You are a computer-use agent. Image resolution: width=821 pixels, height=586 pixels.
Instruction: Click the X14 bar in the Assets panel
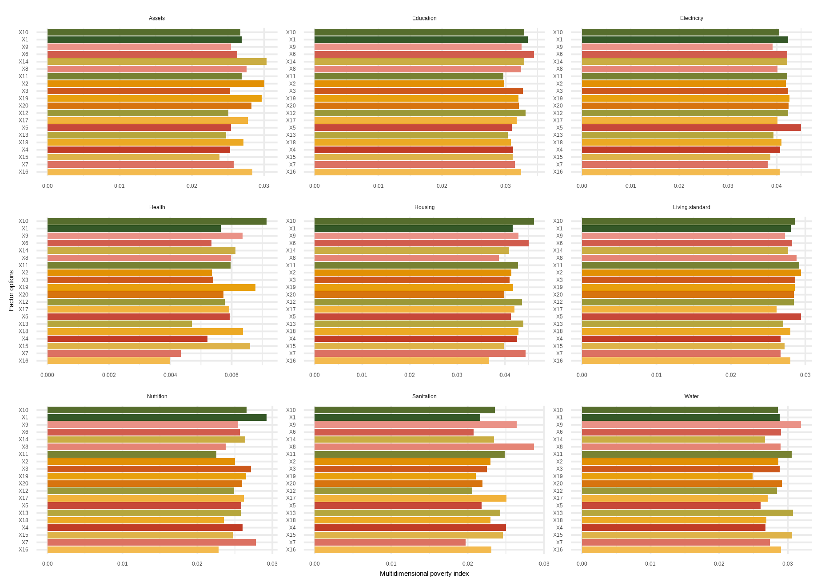(157, 62)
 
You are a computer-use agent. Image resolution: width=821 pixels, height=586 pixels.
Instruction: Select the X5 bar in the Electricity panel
(691, 128)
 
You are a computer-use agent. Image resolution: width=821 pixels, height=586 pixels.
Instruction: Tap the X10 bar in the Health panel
(157, 221)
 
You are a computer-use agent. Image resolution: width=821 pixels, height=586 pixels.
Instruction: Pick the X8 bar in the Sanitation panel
(424, 447)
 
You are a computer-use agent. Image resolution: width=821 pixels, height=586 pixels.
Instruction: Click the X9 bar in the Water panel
(691, 425)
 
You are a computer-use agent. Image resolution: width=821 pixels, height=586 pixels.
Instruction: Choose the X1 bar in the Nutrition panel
(157, 418)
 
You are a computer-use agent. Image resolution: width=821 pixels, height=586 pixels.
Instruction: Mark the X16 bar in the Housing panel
(402, 361)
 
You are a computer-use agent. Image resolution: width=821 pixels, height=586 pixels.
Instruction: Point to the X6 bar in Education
(424, 54)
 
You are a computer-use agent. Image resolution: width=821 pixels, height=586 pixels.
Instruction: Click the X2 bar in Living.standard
(691, 273)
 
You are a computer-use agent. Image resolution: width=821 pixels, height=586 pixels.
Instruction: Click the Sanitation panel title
(424, 396)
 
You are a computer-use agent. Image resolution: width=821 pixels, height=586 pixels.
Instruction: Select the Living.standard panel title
(691, 207)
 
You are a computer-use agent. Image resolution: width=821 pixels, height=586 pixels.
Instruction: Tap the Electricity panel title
(691, 18)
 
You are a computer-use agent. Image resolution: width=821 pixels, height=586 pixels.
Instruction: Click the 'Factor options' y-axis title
(12, 291)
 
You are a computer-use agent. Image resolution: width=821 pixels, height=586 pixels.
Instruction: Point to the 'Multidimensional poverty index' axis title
(424, 574)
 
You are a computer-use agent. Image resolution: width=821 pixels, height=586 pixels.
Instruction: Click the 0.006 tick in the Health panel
(231, 375)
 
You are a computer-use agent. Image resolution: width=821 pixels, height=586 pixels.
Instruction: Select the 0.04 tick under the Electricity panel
(776, 186)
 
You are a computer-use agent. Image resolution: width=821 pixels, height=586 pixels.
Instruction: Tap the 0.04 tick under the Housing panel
(505, 375)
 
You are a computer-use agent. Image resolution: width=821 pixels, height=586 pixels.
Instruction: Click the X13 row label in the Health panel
(24, 324)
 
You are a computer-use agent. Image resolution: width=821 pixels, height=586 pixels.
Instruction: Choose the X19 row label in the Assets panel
(24, 99)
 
